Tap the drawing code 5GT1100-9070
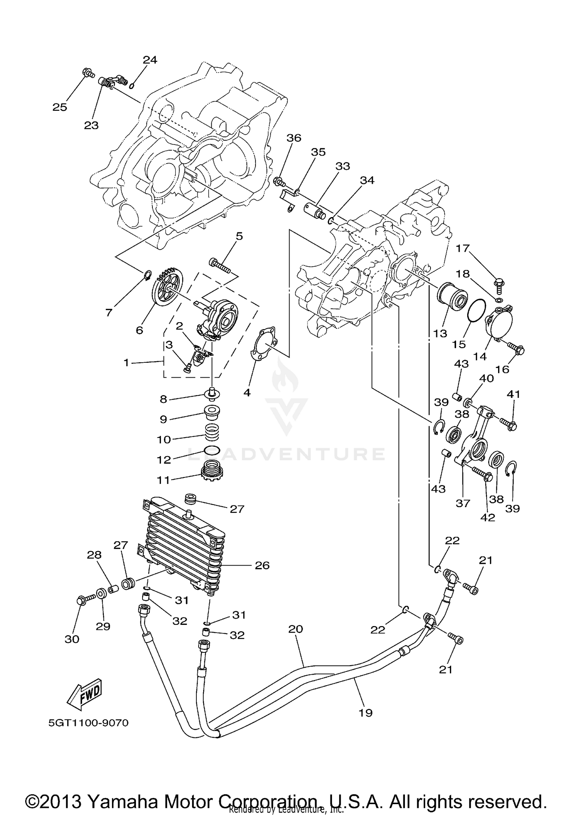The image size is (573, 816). coord(88,723)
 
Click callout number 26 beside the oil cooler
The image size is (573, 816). coord(262,565)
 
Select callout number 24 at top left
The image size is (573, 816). coord(150,60)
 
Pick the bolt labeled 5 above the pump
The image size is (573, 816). coord(220,265)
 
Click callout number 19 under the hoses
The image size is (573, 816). coord(366,712)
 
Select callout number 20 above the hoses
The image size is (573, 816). coord(295,629)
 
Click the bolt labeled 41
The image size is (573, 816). coord(508,423)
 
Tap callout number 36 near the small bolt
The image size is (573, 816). coord(294,138)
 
